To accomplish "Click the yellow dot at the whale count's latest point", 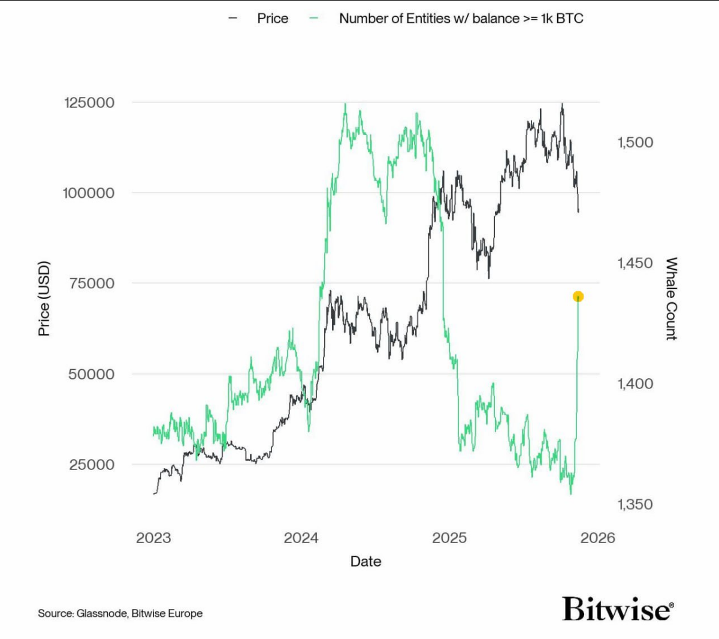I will pos(578,297).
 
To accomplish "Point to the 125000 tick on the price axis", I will pos(89,103).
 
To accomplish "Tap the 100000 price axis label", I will pos(89,193).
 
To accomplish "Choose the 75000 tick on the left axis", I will pos(92,284).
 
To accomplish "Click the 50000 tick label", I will pos(91,374).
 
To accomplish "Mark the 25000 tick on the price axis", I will pos(92,465).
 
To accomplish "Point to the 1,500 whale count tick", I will pos(635,143).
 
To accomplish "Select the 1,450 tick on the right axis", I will pos(635,263).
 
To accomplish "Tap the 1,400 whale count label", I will pos(635,384).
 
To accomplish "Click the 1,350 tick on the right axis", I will pos(635,504).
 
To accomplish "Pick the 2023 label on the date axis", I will pos(153,538).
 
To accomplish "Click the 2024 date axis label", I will pos(301,538).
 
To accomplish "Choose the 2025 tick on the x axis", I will pos(449,538).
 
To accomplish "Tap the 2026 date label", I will pos(597,538).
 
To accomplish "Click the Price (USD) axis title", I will pos(44,299).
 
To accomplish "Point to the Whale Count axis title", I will pos(671,299).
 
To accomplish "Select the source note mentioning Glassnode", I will pos(120,613).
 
